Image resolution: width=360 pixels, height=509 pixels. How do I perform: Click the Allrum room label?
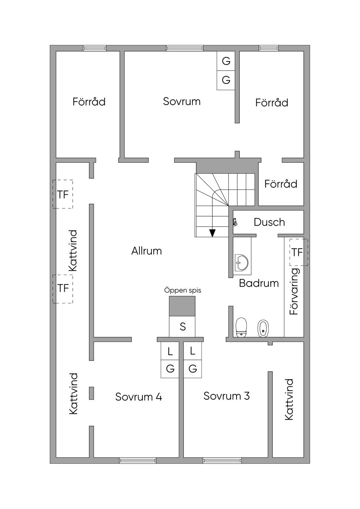147,251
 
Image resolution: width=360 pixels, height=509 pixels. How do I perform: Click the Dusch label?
269,222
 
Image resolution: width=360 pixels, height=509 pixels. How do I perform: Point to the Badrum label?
259,283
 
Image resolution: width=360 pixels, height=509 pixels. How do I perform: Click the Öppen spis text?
183,291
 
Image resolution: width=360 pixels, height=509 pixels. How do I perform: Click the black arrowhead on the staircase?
212,233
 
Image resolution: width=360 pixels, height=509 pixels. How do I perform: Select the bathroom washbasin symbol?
242,263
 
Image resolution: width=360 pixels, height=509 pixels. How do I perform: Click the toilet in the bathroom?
241,328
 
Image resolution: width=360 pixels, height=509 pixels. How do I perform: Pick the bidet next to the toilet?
263,329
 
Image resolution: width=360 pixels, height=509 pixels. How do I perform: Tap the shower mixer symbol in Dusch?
235,222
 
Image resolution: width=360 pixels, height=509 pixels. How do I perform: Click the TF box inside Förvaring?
298,252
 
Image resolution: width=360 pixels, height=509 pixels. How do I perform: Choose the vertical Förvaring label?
294,291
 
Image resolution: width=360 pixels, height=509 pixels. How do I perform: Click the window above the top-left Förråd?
95,48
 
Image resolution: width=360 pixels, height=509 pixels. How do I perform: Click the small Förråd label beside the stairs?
281,184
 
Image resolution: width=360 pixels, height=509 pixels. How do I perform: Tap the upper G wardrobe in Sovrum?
226,61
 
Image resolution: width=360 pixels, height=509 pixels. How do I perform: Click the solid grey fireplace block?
182,306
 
